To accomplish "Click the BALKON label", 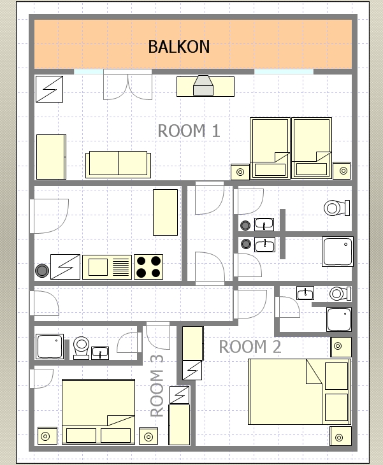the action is click(179, 46).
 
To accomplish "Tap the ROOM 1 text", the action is click(189, 131).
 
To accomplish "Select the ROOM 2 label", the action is click(250, 347).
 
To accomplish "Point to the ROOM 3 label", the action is click(157, 386).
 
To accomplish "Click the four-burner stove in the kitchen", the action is click(148, 267).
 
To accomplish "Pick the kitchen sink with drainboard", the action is click(107, 267).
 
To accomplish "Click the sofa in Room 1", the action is click(118, 164).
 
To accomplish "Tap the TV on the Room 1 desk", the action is click(203, 85).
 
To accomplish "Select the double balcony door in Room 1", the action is click(127, 85).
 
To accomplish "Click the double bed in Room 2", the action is click(300, 392).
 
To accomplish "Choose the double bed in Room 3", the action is click(99, 411).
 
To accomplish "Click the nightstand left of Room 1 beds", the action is click(240, 172).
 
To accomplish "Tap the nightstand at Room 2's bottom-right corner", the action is click(340, 436).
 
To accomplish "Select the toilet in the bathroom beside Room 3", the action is click(81, 348).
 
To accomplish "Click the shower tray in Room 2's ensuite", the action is click(339, 319).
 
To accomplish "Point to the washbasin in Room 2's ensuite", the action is click(305, 293).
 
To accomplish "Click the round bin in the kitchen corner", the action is click(42, 271).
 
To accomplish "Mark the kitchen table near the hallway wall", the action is click(165, 212).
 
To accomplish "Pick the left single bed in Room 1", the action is click(270, 148).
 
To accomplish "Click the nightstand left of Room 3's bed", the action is click(47, 436).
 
